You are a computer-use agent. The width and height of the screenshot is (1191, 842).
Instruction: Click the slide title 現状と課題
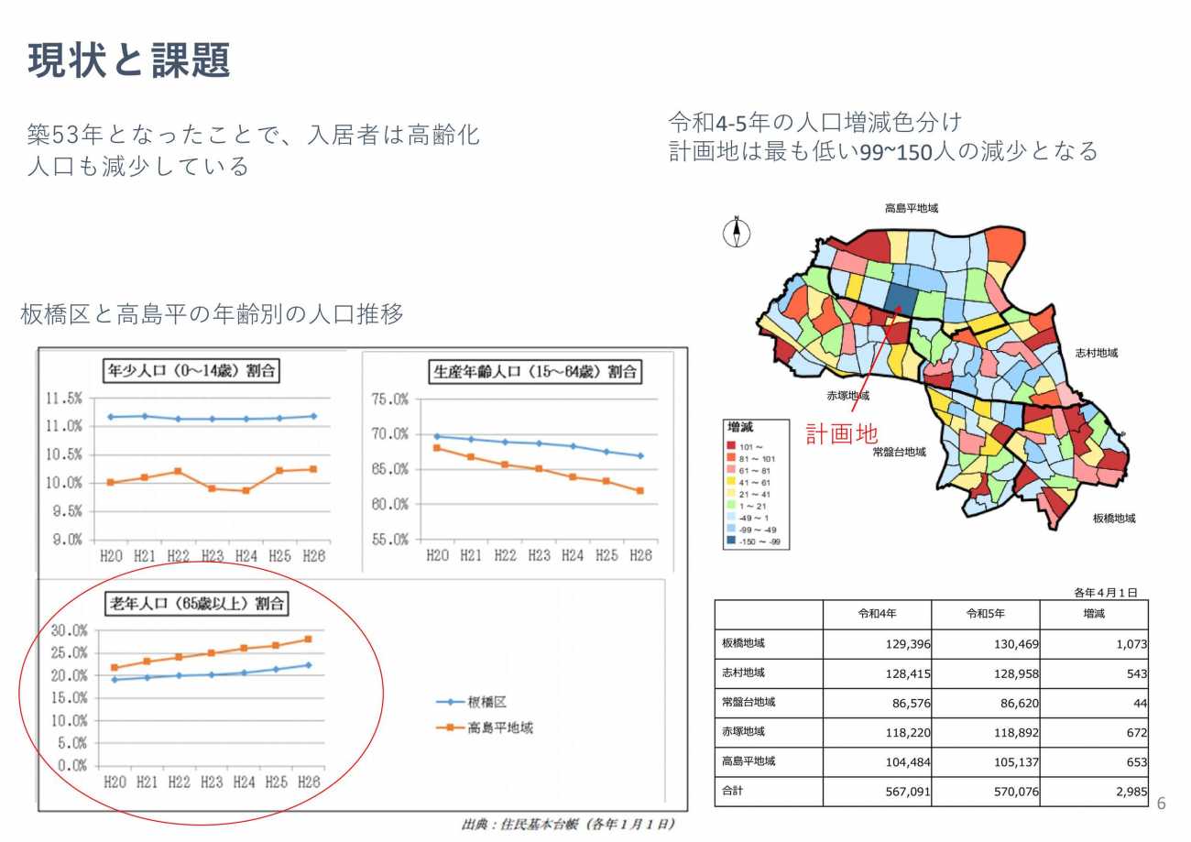pyautogui.click(x=129, y=61)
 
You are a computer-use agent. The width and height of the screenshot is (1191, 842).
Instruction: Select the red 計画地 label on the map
pyautogui.click(x=841, y=433)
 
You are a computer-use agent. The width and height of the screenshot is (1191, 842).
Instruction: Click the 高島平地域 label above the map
pyautogui.click(x=911, y=209)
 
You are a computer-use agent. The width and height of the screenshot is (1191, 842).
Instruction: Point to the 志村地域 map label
pyautogui.click(x=1096, y=353)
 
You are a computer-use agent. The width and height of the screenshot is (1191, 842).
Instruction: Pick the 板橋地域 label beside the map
pyautogui.click(x=1113, y=519)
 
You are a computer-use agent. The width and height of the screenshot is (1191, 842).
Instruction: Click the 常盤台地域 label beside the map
pyautogui.click(x=899, y=452)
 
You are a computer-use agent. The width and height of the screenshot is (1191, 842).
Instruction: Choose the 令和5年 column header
pyautogui.click(x=985, y=614)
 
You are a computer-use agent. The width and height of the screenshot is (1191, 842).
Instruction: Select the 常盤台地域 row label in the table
pyautogui.click(x=749, y=703)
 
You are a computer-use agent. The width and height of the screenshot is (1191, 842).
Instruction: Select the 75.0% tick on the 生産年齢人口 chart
pyautogui.click(x=390, y=399)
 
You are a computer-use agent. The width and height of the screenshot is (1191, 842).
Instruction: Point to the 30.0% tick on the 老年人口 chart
pyautogui.click(x=69, y=630)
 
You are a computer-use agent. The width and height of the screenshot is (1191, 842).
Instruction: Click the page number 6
pyautogui.click(x=1163, y=804)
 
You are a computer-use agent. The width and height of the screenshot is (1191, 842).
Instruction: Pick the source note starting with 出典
pyautogui.click(x=569, y=825)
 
